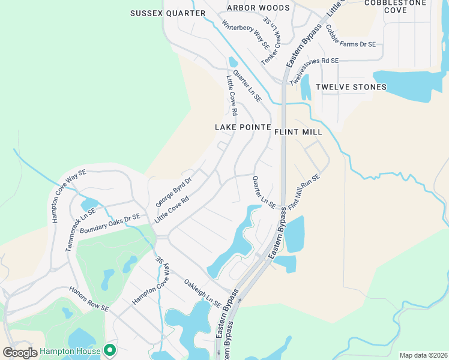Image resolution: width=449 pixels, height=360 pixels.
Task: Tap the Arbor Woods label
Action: pos(258,8)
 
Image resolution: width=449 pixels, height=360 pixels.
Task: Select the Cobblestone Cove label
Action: pos(395,6)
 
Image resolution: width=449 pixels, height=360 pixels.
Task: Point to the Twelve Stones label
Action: pos(351,87)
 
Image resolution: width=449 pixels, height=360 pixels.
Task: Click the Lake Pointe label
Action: pos(239,127)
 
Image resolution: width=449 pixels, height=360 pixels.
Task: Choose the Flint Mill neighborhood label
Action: pos(298,131)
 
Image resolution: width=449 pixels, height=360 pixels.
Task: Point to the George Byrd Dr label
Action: pos(173,193)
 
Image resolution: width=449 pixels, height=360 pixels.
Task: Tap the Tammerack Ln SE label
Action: pos(80,230)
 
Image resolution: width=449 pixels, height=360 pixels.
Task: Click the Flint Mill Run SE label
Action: pos(304,191)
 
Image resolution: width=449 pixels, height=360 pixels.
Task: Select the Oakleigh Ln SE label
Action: pos(202,292)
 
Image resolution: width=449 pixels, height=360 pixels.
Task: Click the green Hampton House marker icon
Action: pos(110,349)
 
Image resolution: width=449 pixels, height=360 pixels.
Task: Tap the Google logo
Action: pos(20,353)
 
